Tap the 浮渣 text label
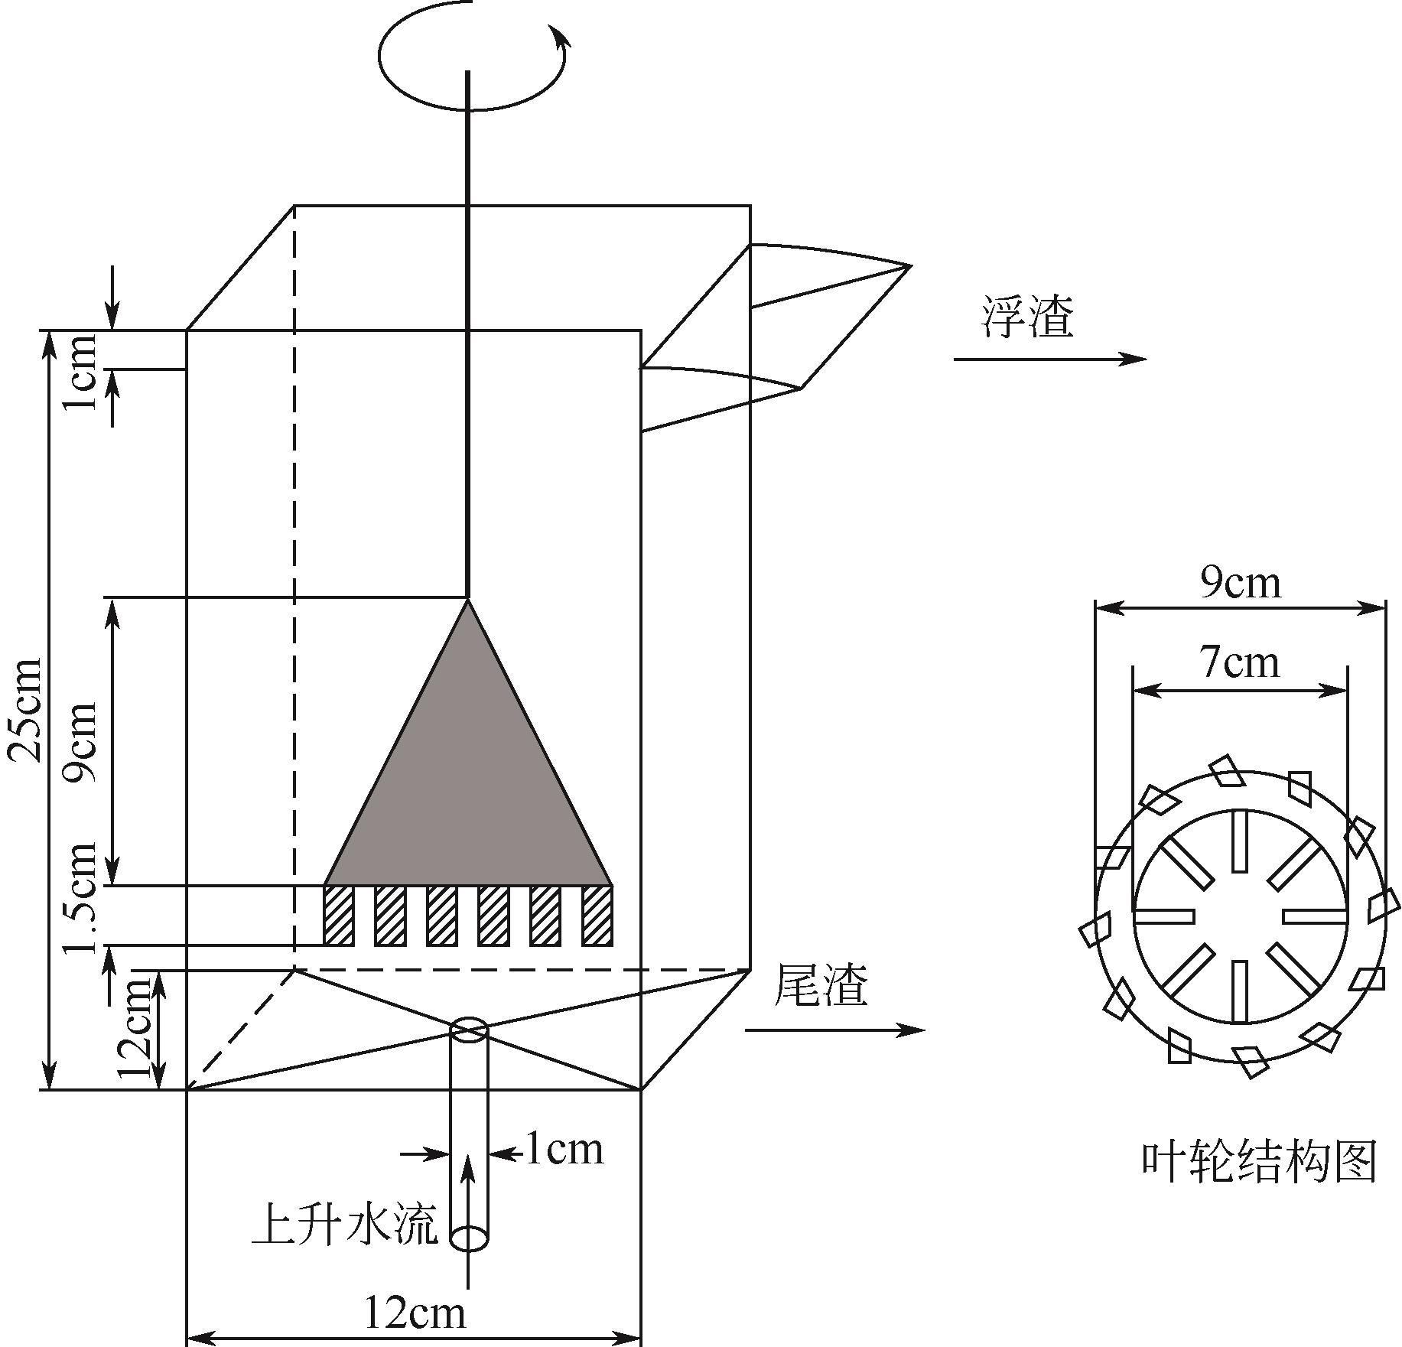coord(1028,317)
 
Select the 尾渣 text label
coord(821,984)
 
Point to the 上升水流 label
coord(345,1224)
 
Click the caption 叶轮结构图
coord(1259,1162)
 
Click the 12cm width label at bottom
coord(415,1313)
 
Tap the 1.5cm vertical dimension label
coord(81,898)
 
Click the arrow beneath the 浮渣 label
coord(1050,359)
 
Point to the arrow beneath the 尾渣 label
coord(835,1030)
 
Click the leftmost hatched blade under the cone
coord(339,916)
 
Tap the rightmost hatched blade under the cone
coord(597,916)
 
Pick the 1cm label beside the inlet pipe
coord(564,1150)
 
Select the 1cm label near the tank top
coord(81,371)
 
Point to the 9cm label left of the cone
coord(81,740)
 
